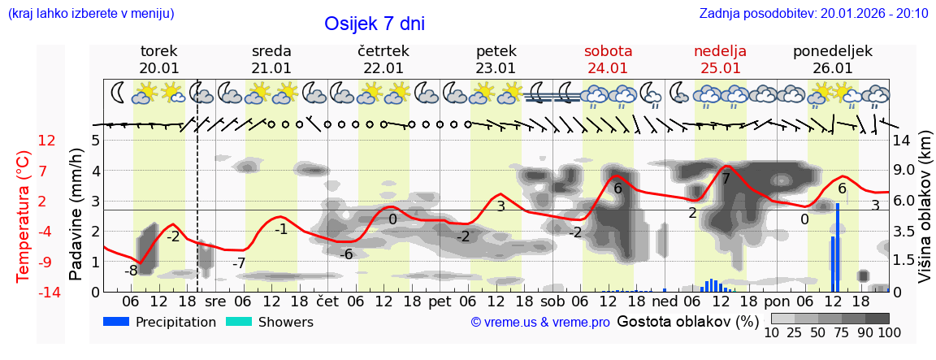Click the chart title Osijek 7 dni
click(x=375, y=24)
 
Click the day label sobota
click(x=608, y=51)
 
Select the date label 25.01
click(x=720, y=68)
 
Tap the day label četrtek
click(x=383, y=51)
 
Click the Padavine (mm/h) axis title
click(x=76, y=215)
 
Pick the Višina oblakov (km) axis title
click(x=924, y=215)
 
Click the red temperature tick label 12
click(x=46, y=141)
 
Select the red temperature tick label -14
click(x=49, y=293)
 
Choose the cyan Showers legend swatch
click(x=239, y=322)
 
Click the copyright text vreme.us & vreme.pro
click(x=540, y=323)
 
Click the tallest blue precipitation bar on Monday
click(x=837, y=244)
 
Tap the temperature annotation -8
click(x=131, y=271)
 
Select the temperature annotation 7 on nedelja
click(x=726, y=178)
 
